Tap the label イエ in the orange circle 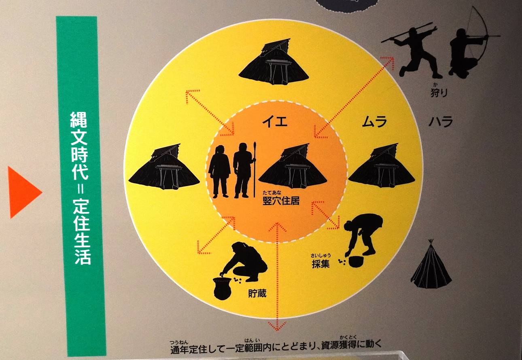275,121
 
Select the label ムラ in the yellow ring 374,122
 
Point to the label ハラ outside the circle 441,121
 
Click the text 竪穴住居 281,201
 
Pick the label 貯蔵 257,294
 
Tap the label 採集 320,264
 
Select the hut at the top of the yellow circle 274,62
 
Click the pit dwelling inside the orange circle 293,166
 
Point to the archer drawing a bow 471,44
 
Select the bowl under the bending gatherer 356,262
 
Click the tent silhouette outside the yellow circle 431,264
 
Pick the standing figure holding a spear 245,170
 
